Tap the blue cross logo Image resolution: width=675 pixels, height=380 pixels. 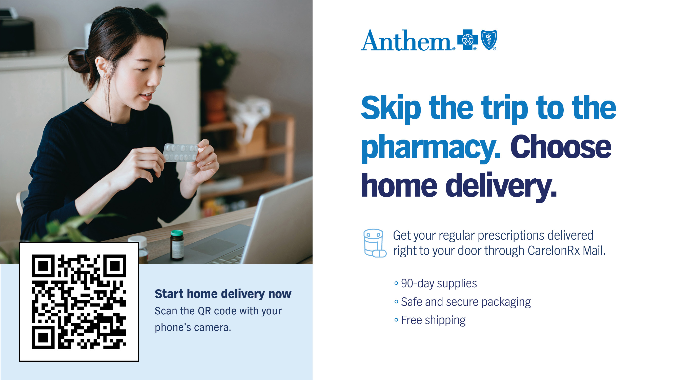click(467, 40)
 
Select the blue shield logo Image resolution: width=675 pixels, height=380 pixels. click(489, 40)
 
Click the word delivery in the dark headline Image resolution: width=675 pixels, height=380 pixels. click(501, 186)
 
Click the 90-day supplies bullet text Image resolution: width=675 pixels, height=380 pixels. click(439, 283)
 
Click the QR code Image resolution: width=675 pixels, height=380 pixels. click(79, 301)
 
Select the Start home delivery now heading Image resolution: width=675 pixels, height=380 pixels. click(223, 294)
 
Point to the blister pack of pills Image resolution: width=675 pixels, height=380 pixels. click(180, 152)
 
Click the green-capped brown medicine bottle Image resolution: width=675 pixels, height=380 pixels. click(177, 245)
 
